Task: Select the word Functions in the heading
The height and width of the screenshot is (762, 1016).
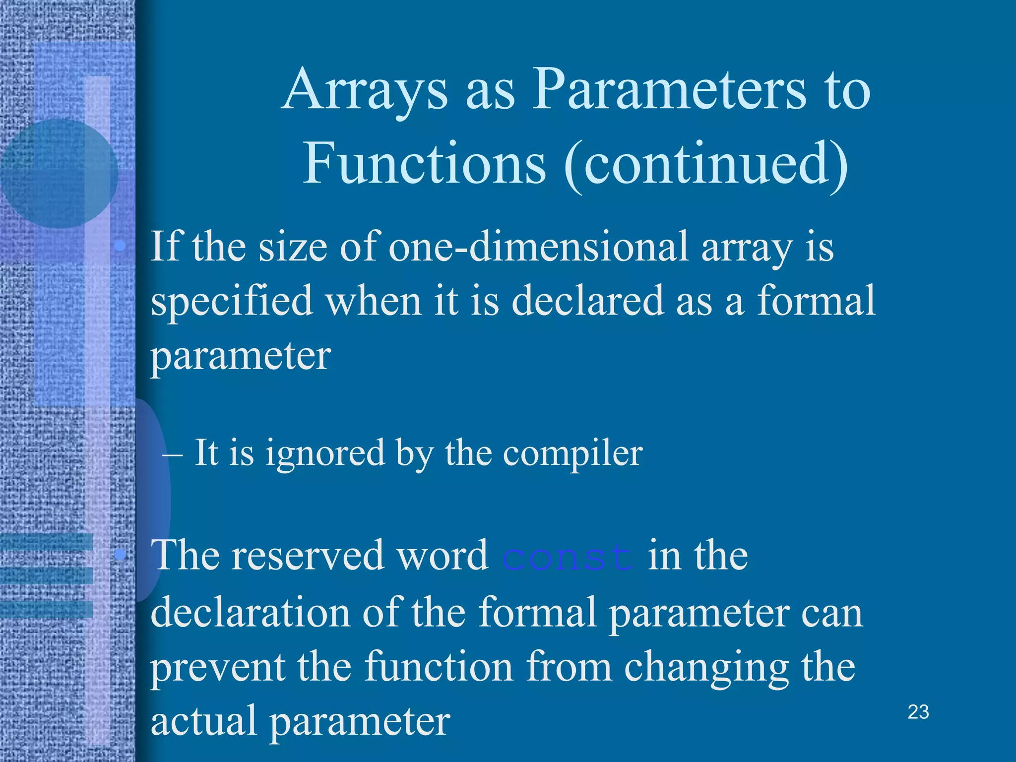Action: click(x=424, y=164)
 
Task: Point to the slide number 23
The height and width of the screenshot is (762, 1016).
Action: click(x=918, y=712)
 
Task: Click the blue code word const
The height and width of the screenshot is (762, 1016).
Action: click(x=568, y=557)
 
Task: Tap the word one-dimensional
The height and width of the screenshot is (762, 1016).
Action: click(x=539, y=247)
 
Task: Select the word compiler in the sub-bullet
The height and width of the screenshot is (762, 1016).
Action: click(x=573, y=453)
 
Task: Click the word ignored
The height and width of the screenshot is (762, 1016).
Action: click(x=325, y=453)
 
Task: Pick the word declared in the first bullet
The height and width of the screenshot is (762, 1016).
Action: click(x=587, y=301)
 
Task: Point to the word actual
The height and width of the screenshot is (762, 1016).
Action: click(x=203, y=720)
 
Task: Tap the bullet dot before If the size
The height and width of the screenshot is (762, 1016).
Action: click(x=120, y=246)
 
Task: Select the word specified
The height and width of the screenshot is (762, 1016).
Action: click(x=231, y=302)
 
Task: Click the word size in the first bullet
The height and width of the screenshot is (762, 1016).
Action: click(x=293, y=247)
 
